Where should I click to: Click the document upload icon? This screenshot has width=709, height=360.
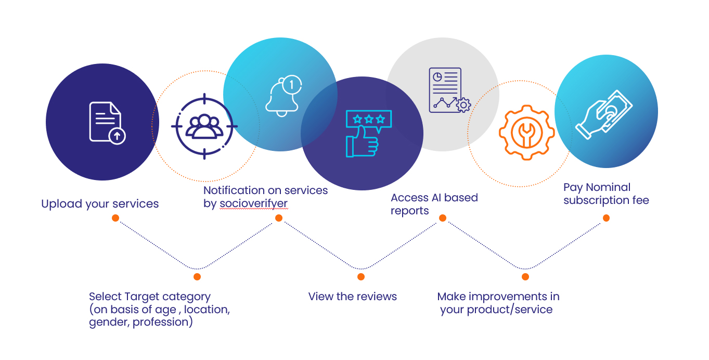[x=107, y=123]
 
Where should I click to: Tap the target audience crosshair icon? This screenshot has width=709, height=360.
[x=204, y=126]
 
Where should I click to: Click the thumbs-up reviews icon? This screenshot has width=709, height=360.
[x=369, y=133]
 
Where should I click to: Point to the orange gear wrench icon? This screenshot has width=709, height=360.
[x=527, y=132]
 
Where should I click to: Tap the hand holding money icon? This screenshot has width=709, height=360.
[x=604, y=114]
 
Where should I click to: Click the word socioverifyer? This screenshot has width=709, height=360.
[x=253, y=203]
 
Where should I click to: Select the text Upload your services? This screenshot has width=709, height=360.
[x=100, y=204]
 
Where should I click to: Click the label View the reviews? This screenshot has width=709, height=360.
[x=352, y=297]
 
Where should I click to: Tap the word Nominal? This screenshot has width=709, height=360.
[x=608, y=187]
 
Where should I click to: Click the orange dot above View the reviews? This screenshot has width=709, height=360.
[x=361, y=277]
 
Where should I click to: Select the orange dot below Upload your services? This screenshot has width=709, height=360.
[x=115, y=218]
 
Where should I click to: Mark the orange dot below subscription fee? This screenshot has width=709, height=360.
[x=606, y=218]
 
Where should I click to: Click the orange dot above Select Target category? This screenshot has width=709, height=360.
[x=197, y=277]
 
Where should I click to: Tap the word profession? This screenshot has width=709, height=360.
[x=161, y=322]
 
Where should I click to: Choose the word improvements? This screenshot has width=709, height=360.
[x=508, y=297]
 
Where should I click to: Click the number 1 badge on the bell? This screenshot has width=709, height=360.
[x=292, y=84]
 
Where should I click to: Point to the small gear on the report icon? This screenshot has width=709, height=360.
[x=463, y=105]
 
